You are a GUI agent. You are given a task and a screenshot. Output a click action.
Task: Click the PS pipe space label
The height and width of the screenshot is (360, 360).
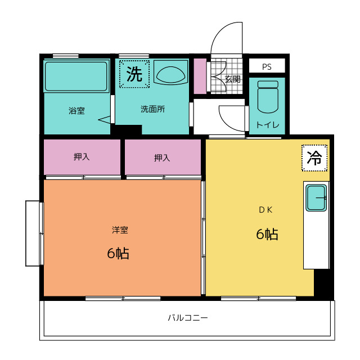[267, 67]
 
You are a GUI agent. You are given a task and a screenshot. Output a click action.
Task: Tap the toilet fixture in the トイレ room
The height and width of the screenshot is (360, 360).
[268, 97]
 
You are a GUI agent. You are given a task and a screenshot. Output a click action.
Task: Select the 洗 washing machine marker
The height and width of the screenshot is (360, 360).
[134, 74]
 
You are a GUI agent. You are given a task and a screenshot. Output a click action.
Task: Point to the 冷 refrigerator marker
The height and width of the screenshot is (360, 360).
[314, 158]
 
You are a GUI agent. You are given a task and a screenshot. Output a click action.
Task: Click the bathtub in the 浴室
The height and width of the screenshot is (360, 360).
[76, 76]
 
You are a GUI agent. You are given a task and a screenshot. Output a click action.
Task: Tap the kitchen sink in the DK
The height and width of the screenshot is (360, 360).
[316, 198]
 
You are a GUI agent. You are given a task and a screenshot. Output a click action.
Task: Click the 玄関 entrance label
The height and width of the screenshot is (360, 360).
[232, 79]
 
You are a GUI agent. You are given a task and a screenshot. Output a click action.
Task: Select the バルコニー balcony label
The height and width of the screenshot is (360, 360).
[188, 318]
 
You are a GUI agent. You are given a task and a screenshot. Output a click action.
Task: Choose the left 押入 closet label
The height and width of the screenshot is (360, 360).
[82, 157]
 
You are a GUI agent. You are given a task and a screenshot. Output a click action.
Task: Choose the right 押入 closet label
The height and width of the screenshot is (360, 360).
[162, 157]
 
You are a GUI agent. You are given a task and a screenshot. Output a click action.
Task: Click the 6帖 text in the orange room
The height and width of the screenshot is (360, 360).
[118, 253]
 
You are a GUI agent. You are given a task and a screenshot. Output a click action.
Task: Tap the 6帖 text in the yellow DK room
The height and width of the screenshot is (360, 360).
[267, 234]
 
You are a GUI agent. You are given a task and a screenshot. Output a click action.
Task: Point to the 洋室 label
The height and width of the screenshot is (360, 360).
[120, 230]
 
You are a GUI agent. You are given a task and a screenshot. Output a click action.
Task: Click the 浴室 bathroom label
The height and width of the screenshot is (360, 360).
[76, 111]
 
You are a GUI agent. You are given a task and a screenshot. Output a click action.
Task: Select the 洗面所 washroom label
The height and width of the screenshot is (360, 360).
[152, 109]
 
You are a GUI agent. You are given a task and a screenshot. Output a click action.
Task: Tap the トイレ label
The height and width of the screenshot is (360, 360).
[268, 125]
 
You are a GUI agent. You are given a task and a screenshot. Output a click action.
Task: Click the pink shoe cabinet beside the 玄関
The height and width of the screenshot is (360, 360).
[200, 76]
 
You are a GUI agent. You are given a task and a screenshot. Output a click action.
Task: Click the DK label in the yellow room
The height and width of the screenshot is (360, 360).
[265, 210]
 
